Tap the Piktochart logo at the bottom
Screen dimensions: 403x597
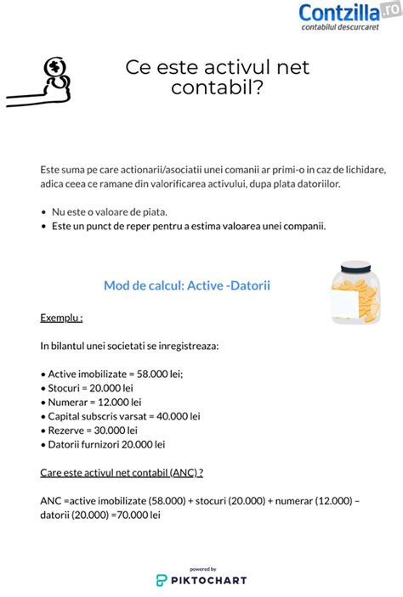click(x=201, y=579)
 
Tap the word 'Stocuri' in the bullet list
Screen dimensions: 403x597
click(x=67, y=387)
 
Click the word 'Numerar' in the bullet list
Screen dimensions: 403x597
click(x=71, y=402)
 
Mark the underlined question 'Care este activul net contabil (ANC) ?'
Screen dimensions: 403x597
click(x=122, y=472)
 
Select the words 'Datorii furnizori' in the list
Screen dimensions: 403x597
click(x=83, y=444)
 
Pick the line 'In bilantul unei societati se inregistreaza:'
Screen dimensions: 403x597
click(x=128, y=346)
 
